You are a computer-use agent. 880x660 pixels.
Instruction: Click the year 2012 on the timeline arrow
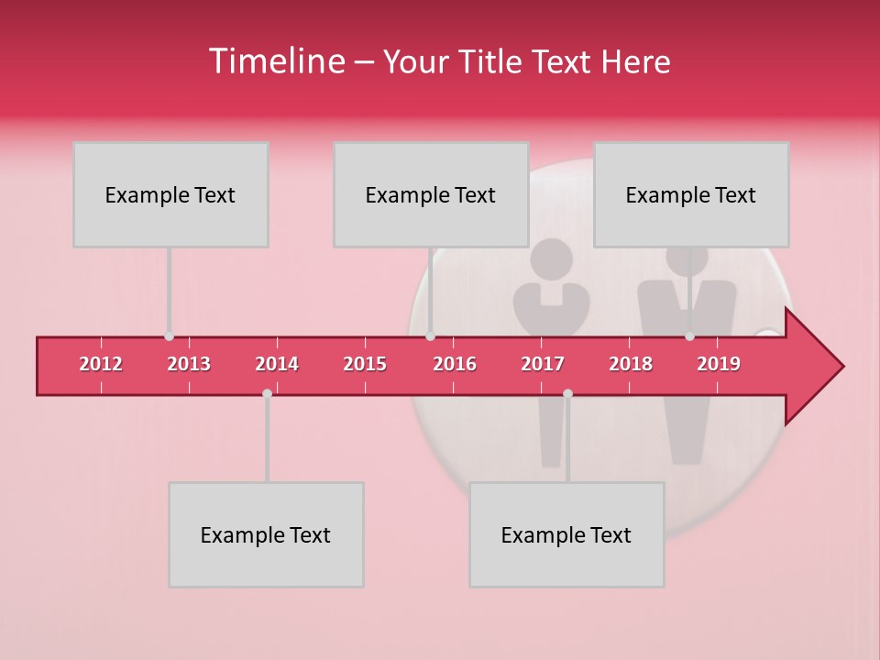coord(101,365)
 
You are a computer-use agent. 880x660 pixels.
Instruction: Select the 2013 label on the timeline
coord(189,365)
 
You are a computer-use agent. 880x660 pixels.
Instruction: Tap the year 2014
coord(277,365)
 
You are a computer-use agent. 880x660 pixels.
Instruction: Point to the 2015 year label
coord(365,365)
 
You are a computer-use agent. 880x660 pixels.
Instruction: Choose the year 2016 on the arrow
coord(455,365)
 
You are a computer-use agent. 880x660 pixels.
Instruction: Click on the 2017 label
coord(543,365)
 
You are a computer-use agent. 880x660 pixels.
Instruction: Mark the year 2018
coord(631,365)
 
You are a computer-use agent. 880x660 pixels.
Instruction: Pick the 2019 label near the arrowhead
coord(719,365)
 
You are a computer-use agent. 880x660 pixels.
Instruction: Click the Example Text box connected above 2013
coord(170,194)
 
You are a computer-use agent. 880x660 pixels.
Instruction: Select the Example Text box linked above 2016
coord(431,194)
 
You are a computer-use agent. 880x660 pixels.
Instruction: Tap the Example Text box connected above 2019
coord(691,194)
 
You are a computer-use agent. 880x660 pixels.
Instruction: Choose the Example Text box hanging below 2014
coord(266,534)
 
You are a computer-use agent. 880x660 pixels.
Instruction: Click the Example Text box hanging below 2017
coord(566,534)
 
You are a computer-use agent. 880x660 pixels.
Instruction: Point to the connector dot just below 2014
coord(267,393)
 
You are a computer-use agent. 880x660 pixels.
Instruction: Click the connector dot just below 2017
coord(567,393)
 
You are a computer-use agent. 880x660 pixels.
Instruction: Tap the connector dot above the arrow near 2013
coord(169,336)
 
